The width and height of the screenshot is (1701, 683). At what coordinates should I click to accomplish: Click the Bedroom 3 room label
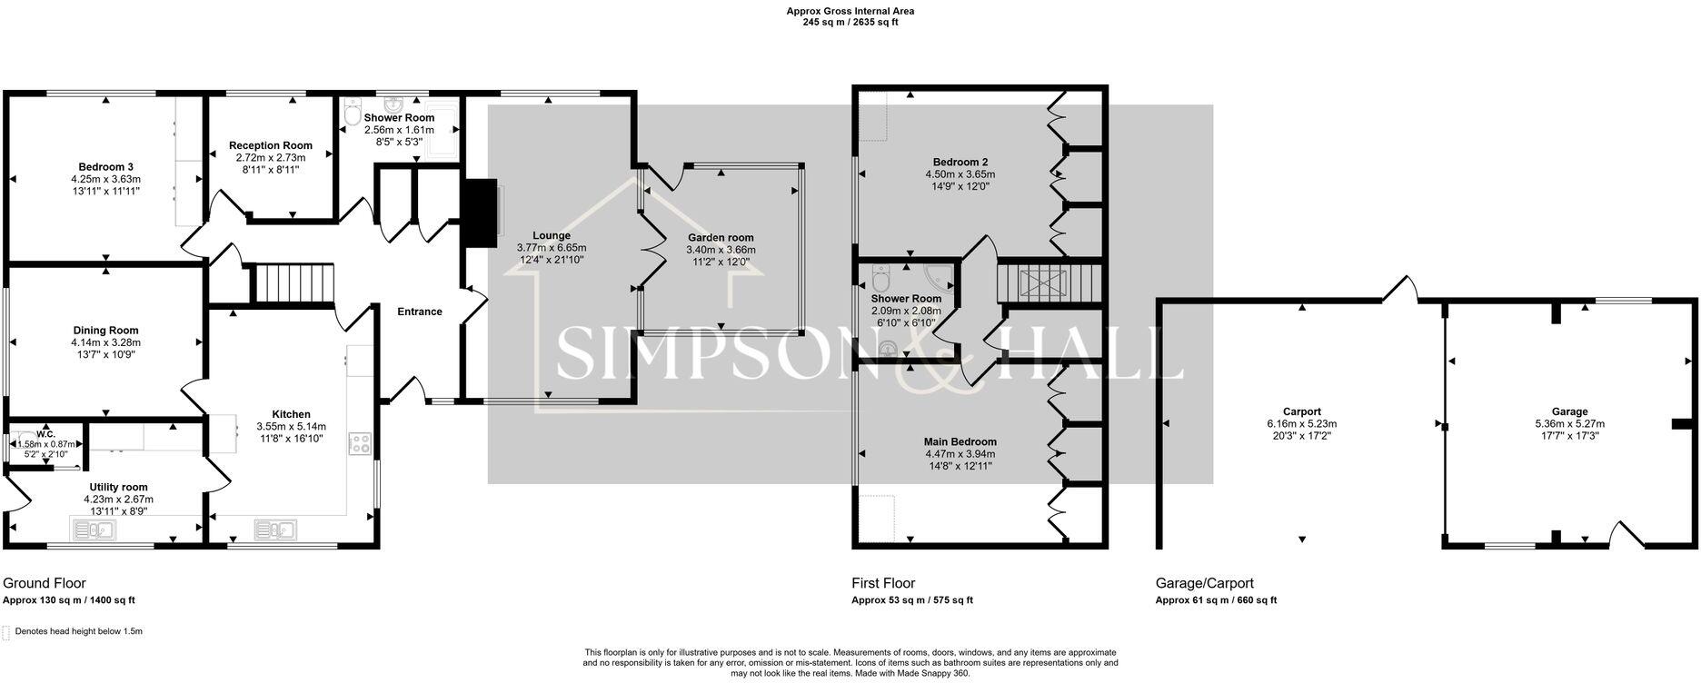(x=105, y=167)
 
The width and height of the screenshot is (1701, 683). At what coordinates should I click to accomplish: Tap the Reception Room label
(x=270, y=145)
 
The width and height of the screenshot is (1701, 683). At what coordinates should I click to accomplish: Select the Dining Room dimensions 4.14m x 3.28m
(x=105, y=342)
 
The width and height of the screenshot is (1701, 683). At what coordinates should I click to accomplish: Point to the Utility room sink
(x=91, y=529)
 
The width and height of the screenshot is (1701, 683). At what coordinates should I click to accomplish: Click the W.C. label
(x=46, y=434)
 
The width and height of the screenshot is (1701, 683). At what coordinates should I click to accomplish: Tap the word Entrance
(x=419, y=312)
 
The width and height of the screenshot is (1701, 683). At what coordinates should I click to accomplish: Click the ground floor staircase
(x=293, y=282)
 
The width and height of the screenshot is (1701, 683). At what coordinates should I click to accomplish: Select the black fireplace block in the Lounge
(x=480, y=213)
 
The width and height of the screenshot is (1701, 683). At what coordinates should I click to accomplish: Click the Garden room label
(x=720, y=238)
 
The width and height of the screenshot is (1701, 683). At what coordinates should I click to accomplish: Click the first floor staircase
(x=1048, y=282)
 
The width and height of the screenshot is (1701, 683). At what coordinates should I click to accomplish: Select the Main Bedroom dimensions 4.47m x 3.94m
(x=960, y=454)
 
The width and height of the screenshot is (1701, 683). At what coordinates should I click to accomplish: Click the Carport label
(x=1301, y=411)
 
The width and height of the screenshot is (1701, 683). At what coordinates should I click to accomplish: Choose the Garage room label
(x=1569, y=411)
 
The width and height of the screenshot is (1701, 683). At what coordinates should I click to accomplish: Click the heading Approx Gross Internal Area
(x=850, y=11)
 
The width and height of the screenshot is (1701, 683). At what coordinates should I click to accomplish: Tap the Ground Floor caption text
(x=45, y=583)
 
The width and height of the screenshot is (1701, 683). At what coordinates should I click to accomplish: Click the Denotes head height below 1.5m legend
(x=78, y=631)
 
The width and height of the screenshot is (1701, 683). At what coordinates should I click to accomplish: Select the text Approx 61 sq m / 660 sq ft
(x=1215, y=600)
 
